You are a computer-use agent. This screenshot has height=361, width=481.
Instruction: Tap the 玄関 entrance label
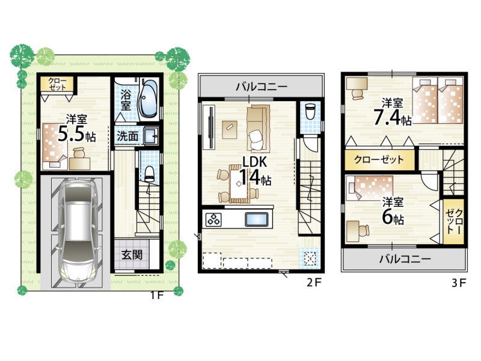(132, 255)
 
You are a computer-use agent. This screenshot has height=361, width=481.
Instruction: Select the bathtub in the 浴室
(148, 98)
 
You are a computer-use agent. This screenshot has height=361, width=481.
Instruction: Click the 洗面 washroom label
(127, 136)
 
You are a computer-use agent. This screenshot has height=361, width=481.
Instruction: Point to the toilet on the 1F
(149, 174)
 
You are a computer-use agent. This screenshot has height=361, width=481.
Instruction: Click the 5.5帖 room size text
(77, 134)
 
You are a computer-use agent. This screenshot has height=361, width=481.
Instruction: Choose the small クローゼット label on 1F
(57, 84)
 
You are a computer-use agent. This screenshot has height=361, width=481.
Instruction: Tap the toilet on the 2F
(310, 111)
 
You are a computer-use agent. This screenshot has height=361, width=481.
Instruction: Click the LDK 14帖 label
(254, 171)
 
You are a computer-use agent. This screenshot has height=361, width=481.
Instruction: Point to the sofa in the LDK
(259, 129)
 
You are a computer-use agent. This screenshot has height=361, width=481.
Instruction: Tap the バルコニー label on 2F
(262, 87)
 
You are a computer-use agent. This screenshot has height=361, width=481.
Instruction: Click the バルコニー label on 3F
(405, 259)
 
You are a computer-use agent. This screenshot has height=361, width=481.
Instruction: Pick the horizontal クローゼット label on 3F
(379, 159)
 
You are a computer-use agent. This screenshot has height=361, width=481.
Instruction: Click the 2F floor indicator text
(314, 282)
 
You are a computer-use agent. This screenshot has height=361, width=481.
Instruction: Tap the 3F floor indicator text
(459, 283)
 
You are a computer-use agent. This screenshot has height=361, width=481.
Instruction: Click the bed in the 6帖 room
(370, 188)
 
